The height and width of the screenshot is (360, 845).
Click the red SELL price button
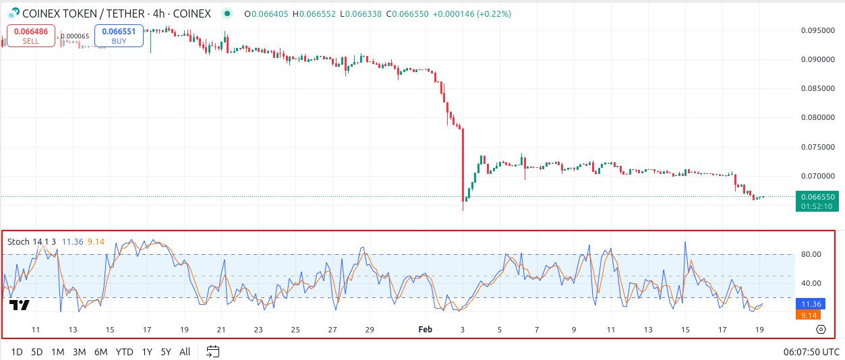pos(30,36)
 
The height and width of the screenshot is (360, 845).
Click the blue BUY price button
pos(119,36)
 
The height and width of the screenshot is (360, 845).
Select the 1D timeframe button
pos(17,351)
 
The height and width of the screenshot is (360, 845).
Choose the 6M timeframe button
pos(100,351)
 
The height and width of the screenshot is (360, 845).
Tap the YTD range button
pos(124,351)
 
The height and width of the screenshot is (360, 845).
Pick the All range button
pos(185,351)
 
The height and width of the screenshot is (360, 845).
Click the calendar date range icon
pos(213,351)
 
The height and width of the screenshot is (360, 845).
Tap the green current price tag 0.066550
pos(817,197)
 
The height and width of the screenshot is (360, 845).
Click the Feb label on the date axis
pos(425,330)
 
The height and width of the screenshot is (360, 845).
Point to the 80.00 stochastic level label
pos(812,254)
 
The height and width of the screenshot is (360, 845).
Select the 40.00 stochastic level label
pos(812,283)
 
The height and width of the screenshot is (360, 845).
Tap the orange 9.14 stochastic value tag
pos(810,315)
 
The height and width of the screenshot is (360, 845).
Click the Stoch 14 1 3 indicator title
pos(32,241)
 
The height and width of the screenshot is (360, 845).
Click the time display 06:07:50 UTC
pos(811,351)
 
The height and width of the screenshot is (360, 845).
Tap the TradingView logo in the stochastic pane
pos(20,305)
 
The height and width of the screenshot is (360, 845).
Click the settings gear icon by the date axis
pos(821,330)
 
